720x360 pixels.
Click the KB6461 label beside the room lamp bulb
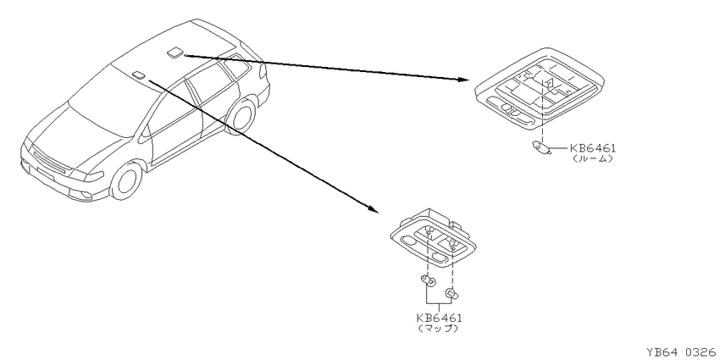coord(592,148)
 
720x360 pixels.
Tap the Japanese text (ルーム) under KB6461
coord(592,159)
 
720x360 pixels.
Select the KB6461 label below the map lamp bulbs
coord(439,318)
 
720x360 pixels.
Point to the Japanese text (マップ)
coord(439,329)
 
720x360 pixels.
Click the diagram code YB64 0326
coord(682,352)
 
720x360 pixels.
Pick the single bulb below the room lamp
coord(540,148)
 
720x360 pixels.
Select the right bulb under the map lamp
coord(451,293)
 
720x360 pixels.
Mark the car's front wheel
coord(126,180)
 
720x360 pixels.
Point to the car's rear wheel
coord(241,116)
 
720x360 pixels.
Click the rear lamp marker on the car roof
coord(174,53)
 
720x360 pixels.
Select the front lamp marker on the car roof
coord(138,75)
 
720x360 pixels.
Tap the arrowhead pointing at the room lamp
coord(463,79)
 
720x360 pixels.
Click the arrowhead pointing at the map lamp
coord(374,209)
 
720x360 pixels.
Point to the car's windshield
coord(105,102)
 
